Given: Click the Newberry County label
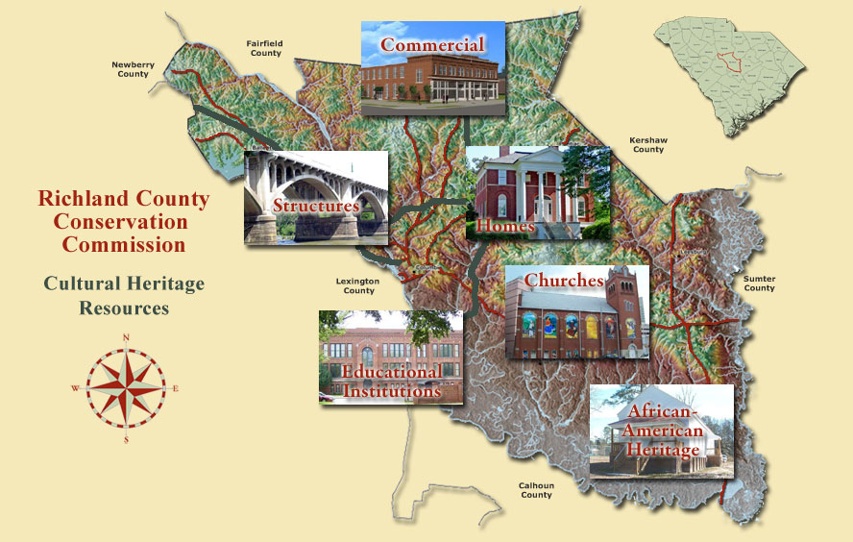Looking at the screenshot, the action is [131, 69].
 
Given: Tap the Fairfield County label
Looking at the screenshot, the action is [264, 48].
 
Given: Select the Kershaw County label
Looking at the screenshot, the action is [647, 144].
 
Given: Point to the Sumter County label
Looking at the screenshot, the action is [759, 283].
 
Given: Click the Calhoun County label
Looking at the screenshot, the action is [536, 490].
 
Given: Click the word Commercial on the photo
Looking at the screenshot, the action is [432, 44].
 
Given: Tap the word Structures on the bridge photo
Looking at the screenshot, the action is [315, 206].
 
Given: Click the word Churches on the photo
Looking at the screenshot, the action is [564, 280].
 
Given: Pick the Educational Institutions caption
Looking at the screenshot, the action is [392, 382].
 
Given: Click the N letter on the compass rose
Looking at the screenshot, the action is [127, 337].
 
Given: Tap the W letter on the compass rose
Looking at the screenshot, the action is [75, 389].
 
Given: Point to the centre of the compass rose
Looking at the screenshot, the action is [126, 388].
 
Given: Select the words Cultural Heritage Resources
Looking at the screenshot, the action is [124, 296].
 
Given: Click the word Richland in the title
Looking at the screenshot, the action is [78, 200].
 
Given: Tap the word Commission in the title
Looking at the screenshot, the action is [124, 244].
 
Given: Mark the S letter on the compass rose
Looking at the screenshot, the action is [126, 440].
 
